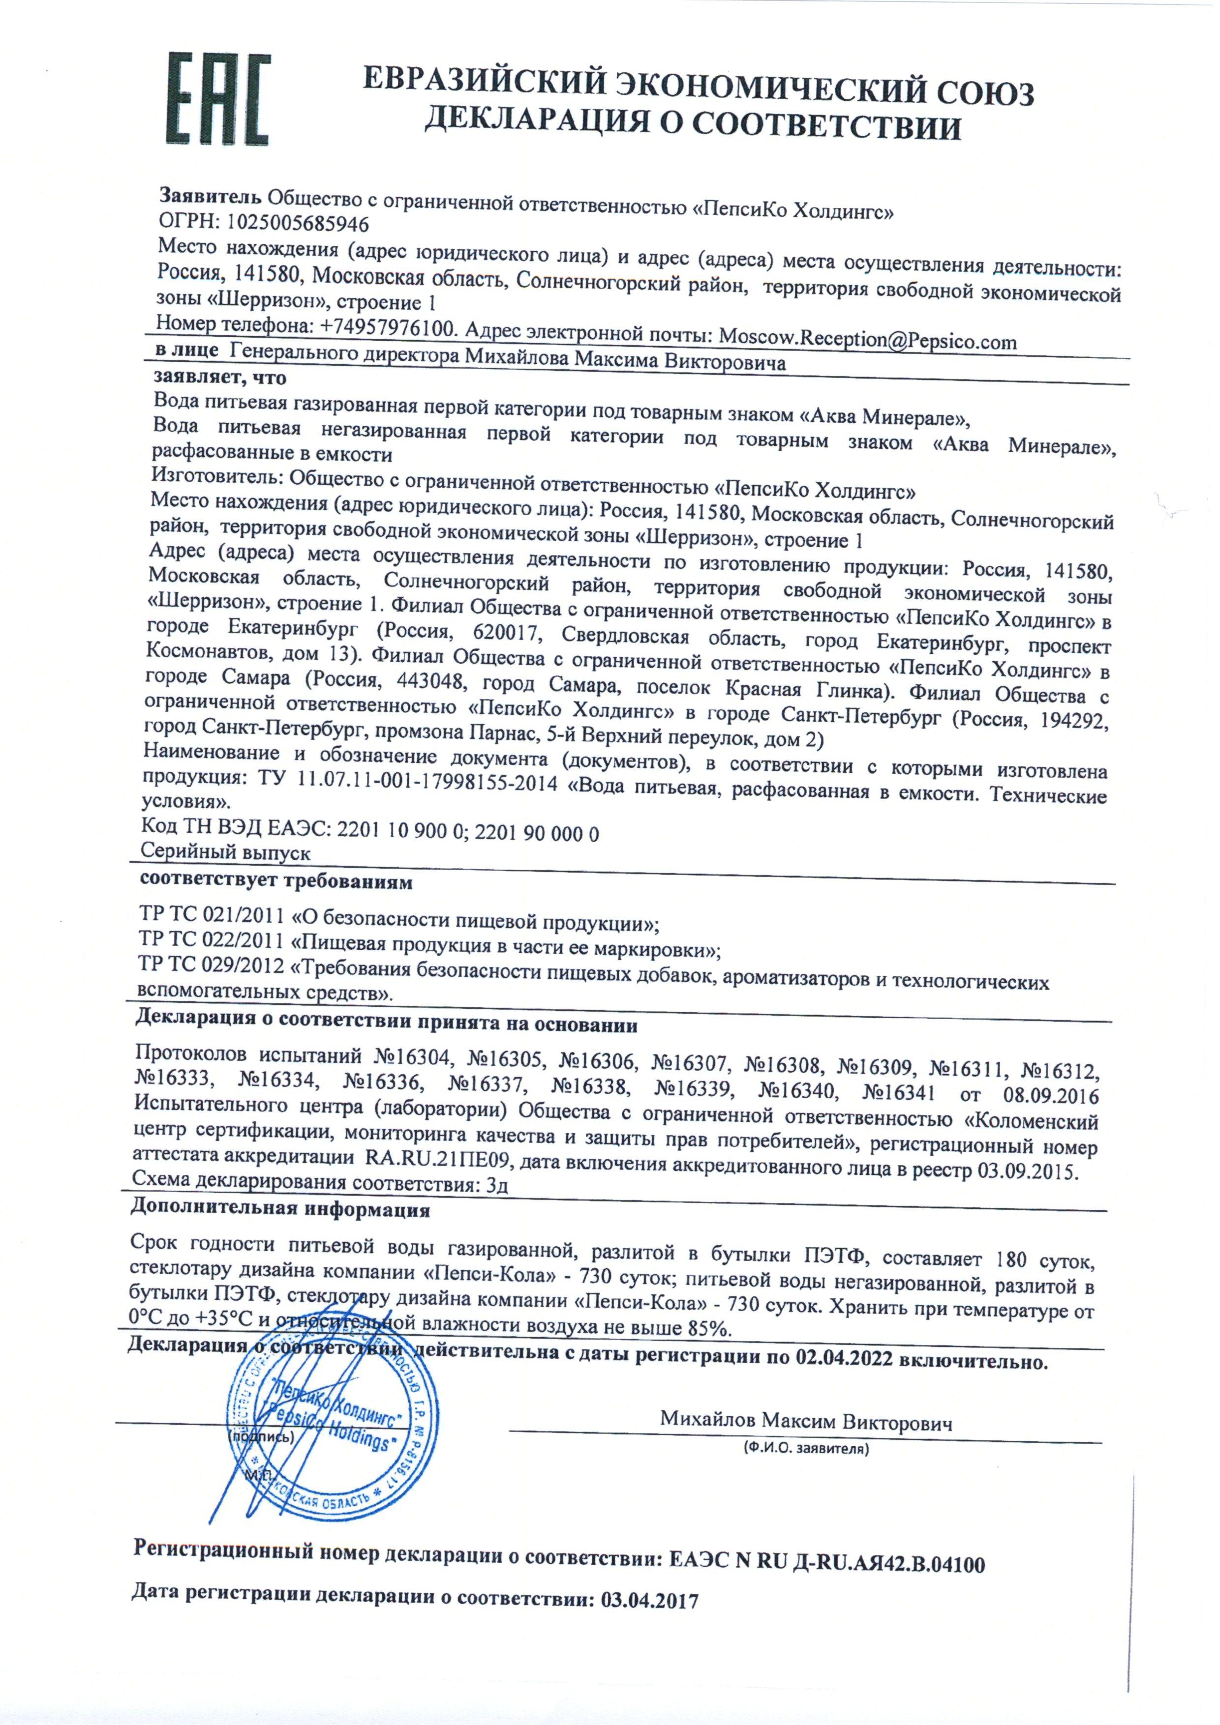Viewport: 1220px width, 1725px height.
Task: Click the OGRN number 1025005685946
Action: [x=297, y=223]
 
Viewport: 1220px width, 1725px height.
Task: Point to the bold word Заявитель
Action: [x=211, y=197]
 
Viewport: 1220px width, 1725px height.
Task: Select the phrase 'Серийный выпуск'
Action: [x=225, y=853]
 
